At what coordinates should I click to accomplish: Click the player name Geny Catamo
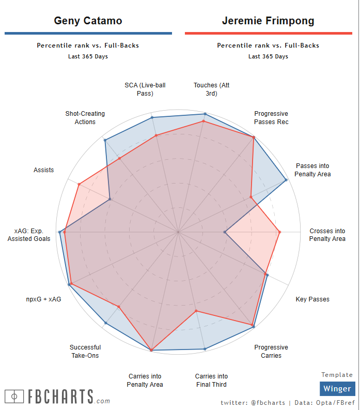pyautogui.click(x=88, y=21)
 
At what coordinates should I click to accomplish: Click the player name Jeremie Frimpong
pyautogui.click(x=268, y=21)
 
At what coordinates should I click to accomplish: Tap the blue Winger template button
pyautogui.click(x=337, y=388)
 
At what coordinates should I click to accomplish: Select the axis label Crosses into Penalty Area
pyautogui.click(x=327, y=235)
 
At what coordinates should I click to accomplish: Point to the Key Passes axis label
pyautogui.click(x=312, y=299)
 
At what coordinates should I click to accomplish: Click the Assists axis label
pyautogui.click(x=44, y=170)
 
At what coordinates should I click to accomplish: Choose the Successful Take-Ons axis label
pyautogui.click(x=85, y=351)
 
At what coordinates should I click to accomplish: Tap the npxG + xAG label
pyautogui.click(x=43, y=299)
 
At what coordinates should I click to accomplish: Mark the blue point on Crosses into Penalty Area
pyautogui.click(x=225, y=232)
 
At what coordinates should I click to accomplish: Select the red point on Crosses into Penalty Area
pyautogui.click(x=279, y=232)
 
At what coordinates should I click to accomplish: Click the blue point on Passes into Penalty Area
pyautogui.click(x=286, y=180)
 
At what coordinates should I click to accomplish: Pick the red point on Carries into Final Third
pyautogui.click(x=196, y=311)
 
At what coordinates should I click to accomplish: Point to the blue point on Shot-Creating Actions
pyautogui.click(x=105, y=140)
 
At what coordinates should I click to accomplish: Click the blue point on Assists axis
pyautogui.click(x=110, y=199)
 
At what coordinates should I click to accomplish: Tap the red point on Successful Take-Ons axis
pyautogui.click(x=119, y=307)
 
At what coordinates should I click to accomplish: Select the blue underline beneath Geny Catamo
pyautogui.click(x=88, y=34)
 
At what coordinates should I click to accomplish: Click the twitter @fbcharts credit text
pyautogui.click(x=252, y=402)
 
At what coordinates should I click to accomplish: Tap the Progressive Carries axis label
pyautogui.click(x=271, y=351)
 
